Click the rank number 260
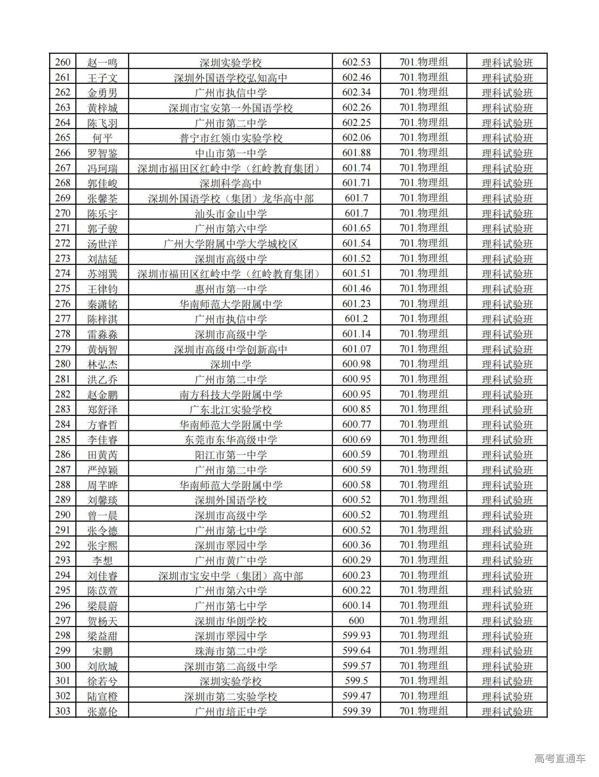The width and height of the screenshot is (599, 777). pyautogui.click(x=63, y=62)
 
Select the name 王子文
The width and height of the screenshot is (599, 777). pyautogui.click(x=102, y=78)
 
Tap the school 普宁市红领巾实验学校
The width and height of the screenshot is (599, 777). pyautogui.click(x=231, y=138)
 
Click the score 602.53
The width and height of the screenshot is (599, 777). pyautogui.click(x=356, y=62)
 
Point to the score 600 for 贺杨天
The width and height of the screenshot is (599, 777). pyautogui.click(x=356, y=621)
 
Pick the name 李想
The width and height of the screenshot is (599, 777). pyautogui.click(x=102, y=560)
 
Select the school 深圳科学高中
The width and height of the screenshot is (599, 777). pyautogui.click(x=231, y=183)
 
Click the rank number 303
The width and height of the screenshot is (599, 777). pyautogui.click(x=63, y=711)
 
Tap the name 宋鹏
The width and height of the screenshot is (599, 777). pyautogui.click(x=102, y=651)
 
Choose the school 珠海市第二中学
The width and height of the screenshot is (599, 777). pyautogui.click(x=231, y=651)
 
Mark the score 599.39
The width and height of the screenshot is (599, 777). pyautogui.click(x=356, y=711)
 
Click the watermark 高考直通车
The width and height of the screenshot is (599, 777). pyautogui.click(x=560, y=758)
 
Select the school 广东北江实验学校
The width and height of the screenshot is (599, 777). pyautogui.click(x=231, y=409)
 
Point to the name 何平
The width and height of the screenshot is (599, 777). pyautogui.click(x=102, y=138)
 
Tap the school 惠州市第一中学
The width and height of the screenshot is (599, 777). pyautogui.click(x=231, y=289)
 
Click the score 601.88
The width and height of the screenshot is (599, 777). pyautogui.click(x=356, y=153)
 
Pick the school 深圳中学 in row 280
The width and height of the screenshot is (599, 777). pyautogui.click(x=231, y=364)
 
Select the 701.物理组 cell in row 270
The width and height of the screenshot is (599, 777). pyautogui.click(x=424, y=213)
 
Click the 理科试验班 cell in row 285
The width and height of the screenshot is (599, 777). pyautogui.click(x=507, y=440)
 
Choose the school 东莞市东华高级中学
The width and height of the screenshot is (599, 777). pyautogui.click(x=231, y=440)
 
